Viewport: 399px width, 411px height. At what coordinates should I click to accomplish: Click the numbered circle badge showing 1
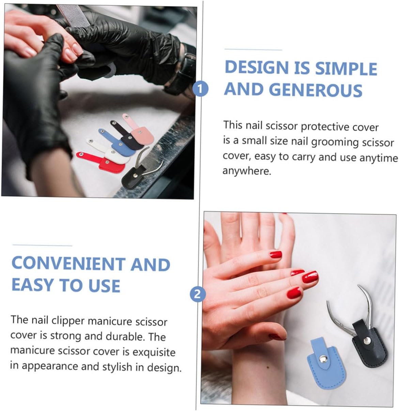tap(200, 89)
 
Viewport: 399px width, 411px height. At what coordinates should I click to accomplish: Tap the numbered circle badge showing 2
tap(198, 294)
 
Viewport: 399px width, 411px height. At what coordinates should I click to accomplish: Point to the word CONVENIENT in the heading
tap(68, 264)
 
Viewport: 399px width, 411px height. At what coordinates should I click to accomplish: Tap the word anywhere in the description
tap(247, 171)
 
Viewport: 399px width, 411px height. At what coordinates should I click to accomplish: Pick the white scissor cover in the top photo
tap(108, 151)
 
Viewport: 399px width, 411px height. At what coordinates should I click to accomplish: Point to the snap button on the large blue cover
tap(322, 358)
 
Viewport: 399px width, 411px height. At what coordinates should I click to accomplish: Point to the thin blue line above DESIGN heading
tap(254, 50)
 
